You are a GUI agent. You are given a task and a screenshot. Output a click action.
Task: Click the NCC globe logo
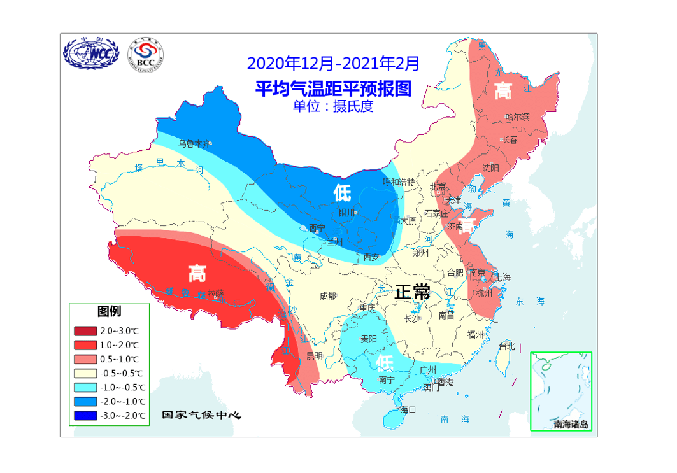[x=90, y=55]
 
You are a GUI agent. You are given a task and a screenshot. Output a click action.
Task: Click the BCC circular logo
[x=145, y=55]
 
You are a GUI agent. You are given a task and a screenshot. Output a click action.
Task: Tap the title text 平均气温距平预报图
[x=333, y=88]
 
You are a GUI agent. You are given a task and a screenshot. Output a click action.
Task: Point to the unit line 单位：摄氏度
[x=333, y=106]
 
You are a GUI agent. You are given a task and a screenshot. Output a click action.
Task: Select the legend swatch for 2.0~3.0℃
[x=86, y=331]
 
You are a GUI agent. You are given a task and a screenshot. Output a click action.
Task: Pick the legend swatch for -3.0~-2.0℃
[x=86, y=415]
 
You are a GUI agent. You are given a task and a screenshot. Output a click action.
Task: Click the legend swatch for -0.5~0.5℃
[x=86, y=373]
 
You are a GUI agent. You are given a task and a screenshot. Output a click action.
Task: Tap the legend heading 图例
[x=109, y=311]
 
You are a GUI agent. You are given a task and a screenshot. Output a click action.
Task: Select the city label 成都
[x=328, y=295]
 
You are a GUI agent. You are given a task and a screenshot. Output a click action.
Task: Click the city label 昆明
[x=314, y=355]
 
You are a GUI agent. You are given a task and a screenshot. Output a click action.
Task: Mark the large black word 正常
[x=411, y=292]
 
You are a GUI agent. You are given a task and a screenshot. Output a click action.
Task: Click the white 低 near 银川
[x=342, y=192]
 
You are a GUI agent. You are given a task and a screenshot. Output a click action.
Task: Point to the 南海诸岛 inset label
[x=571, y=424]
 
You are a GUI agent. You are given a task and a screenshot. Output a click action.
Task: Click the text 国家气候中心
[x=201, y=415]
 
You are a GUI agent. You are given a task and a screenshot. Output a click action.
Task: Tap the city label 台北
[x=506, y=347]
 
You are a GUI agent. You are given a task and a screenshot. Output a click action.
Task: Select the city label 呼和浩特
[x=398, y=181]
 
